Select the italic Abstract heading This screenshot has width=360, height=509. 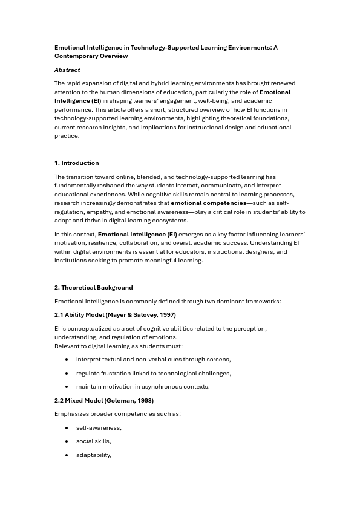tap(67, 70)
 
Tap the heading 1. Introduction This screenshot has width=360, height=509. tap(76, 163)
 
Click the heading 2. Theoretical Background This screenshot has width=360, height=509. tap(93, 288)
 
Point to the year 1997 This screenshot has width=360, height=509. tap(166, 315)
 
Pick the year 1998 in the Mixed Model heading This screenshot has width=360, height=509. tap(143, 401)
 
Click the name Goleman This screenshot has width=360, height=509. tap(119, 401)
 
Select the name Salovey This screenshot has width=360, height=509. tap(146, 315)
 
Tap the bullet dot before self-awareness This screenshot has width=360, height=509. tap(67, 428)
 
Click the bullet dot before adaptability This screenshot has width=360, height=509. tap(67, 455)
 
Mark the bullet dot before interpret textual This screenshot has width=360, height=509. tap(67, 360)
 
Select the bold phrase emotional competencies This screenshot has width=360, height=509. tap(208, 204)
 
